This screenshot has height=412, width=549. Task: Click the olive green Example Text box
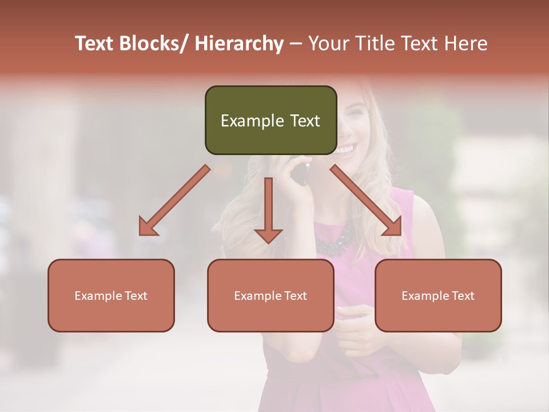pyautogui.click(x=270, y=120)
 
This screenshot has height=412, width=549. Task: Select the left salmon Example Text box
pyautogui.click(x=111, y=295)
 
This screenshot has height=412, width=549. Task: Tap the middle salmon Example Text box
pyautogui.click(x=270, y=295)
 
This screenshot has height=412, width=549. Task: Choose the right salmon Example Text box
pyautogui.click(x=438, y=295)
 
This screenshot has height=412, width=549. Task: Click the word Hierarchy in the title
pyautogui.click(x=239, y=44)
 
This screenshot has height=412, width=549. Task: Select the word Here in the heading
pyautogui.click(x=467, y=44)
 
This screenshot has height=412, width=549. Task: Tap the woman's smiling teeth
pyautogui.click(x=344, y=150)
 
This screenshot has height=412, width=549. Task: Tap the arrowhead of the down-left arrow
pyautogui.click(x=148, y=228)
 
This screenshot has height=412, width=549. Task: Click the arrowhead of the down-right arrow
pyautogui.click(x=393, y=228)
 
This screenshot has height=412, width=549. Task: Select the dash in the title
pyautogui.click(x=296, y=44)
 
